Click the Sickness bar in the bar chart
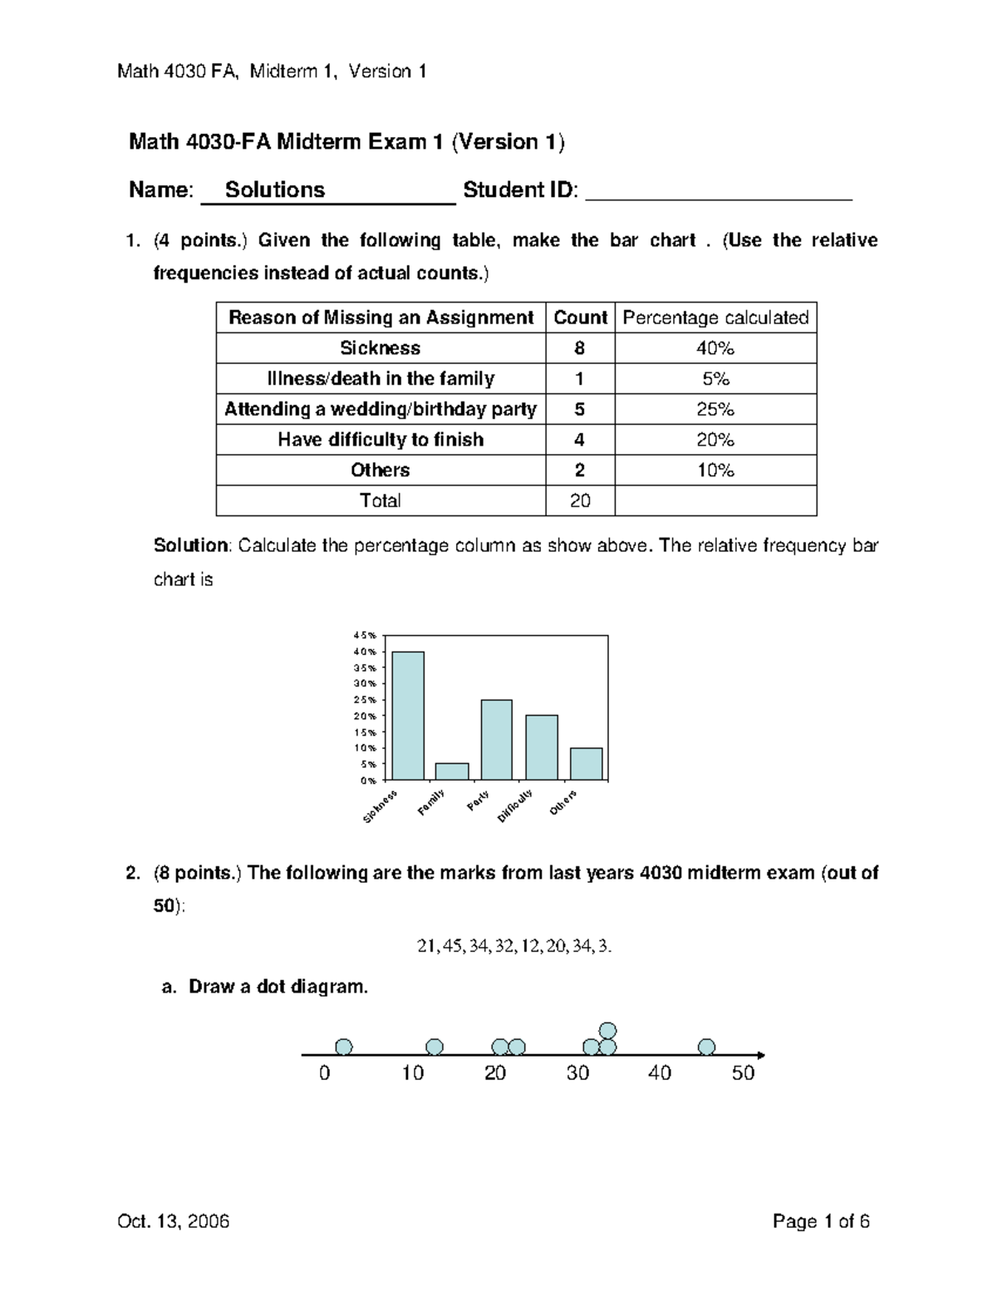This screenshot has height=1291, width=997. click(x=408, y=716)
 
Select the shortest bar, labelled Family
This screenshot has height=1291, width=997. click(x=452, y=771)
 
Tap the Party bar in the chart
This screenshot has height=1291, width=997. click(x=496, y=740)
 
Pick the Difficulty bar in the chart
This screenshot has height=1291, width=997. click(x=541, y=747)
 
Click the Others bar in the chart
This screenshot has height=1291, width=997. click(x=586, y=764)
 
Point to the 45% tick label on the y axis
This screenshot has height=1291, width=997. click(x=368, y=636)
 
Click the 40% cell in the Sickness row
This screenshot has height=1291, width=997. click(x=715, y=348)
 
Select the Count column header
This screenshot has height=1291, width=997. click(x=580, y=318)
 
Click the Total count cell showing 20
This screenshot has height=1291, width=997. click(x=580, y=500)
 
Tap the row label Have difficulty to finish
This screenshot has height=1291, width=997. click(x=381, y=440)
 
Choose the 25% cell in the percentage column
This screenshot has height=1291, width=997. click(x=715, y=409)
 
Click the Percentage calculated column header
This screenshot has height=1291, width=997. click(x=715, y=318)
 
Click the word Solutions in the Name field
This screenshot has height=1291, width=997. click(x=275, y=190)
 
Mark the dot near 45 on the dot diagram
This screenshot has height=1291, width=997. click(x=706, y=1047)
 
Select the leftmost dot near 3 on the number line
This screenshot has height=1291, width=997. click(x=343, y=1047)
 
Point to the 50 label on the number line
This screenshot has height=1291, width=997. click(x=743, y=1073)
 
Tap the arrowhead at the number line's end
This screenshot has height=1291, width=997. click(x=760, y=1055)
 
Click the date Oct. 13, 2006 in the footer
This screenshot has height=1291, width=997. click(x=174, y=1221)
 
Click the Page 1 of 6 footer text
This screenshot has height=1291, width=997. click(x=821, y=1221)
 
